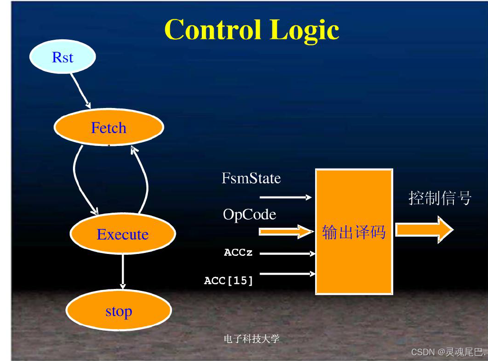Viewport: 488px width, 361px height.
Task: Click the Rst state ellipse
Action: click(63, 57)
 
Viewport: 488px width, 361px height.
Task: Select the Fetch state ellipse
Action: click(109, 127)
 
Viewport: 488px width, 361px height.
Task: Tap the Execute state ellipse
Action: click(123, 234)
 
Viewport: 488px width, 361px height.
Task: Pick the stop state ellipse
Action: click(118, 311)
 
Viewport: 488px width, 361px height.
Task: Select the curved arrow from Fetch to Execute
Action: click(79, 180)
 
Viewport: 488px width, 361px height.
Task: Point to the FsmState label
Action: click(251, 179)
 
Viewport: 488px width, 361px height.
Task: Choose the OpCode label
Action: click(249, 215)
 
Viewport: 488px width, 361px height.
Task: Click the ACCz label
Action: click(238, 253)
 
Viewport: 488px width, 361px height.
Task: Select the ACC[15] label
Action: click(229, 280)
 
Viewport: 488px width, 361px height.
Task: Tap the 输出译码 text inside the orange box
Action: click(353, 232)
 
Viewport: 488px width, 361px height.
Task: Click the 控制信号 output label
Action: click(440, 198)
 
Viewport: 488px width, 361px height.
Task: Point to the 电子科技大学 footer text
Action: click(252, 339)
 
